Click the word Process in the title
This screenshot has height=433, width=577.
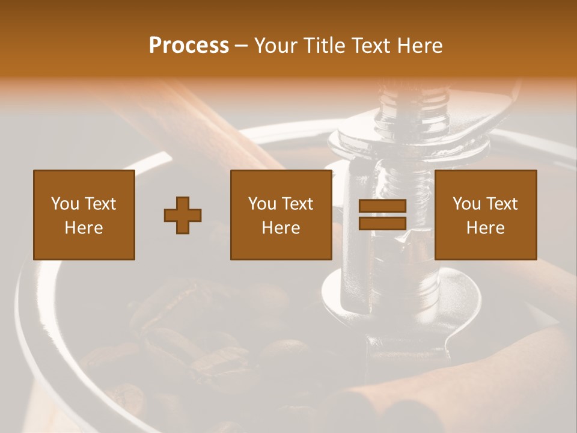point(189,46)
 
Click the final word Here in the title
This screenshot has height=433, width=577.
point(420,46)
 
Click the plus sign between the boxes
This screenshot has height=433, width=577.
point(183,215)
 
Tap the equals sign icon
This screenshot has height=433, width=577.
point(382,215)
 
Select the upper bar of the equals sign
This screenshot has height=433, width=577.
point(382,206)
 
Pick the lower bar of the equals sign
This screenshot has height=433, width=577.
point(382,224)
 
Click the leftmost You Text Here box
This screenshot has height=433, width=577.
point(84,215)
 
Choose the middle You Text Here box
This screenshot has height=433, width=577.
point(281,215)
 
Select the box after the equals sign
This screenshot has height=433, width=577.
point(486,215)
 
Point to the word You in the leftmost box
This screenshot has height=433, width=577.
point(65,204)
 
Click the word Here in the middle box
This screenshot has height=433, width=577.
point(281,228)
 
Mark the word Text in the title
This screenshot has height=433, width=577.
point(371,46)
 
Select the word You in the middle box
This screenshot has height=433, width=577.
point(262,204)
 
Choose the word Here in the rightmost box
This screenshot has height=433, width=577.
point(486,228)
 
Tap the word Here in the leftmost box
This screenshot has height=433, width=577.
point(84,228)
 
